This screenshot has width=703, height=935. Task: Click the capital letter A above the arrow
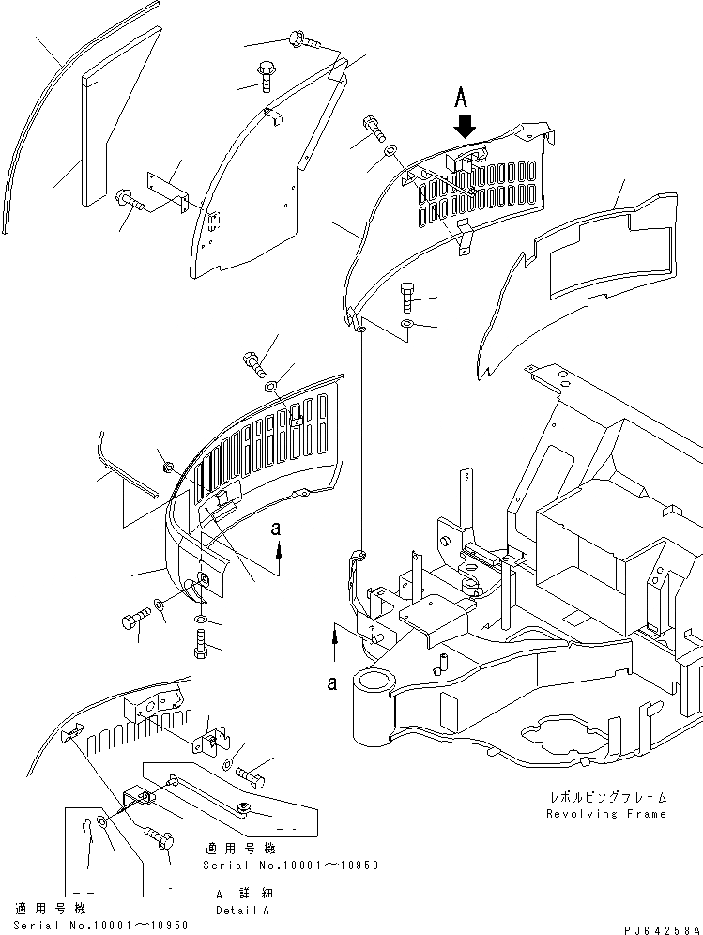click(461, 96)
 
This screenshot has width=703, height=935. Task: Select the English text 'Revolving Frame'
click(606, 814)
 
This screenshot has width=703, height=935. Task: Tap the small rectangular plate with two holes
click(168, 191)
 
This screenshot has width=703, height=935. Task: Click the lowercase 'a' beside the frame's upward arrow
click(332, 683)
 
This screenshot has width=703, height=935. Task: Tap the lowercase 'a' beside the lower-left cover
click(277, 529)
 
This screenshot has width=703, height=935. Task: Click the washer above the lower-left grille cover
click(270, 385)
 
